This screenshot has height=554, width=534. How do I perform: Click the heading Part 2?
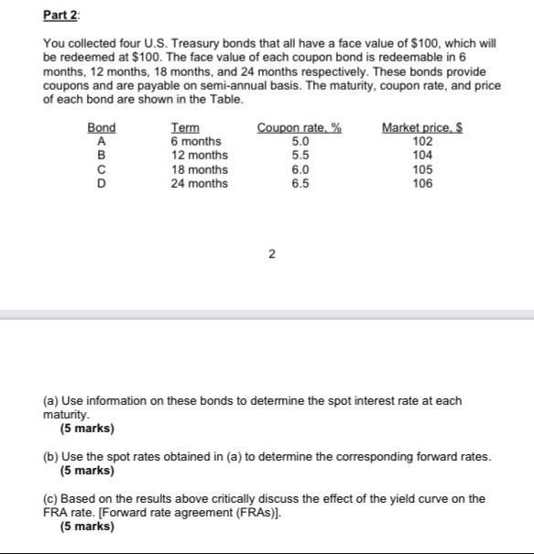coord(61,16)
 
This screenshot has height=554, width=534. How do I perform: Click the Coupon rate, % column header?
coord(300,128)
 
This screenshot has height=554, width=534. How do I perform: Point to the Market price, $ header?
coord(421,128)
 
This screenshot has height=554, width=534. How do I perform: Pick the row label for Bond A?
coord(101,142)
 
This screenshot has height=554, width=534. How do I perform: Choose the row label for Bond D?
coord(101,183)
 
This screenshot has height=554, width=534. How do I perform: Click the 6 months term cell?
coord(196,142)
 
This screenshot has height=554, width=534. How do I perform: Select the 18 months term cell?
coord(200,169)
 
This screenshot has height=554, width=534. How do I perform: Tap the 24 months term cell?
coord(200,183)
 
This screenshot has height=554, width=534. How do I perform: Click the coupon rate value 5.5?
coord(300,156)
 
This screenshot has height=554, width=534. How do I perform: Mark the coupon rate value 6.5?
coord(300,183)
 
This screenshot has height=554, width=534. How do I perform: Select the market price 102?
coord(422,142)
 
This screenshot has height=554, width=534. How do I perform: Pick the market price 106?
coord(422,183)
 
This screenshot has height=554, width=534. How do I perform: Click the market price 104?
coord(422,156)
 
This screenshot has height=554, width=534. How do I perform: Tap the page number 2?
coord(271,255)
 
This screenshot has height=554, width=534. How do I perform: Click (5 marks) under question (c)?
coord(87,527)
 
